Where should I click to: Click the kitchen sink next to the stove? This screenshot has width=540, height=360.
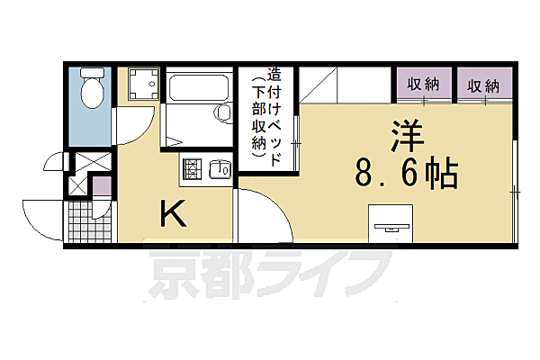pyautogui.click(x=220, y=168)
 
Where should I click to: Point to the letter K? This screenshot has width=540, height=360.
pyautogui.click(x=174, y=214)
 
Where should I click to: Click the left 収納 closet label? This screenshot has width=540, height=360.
pyautogui.click(x=422, y=85)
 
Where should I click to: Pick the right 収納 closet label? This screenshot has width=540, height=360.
pyautogui.click(x=482, y=86)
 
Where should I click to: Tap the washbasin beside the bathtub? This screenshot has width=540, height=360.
pyautogui.click(x=222, y=112)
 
